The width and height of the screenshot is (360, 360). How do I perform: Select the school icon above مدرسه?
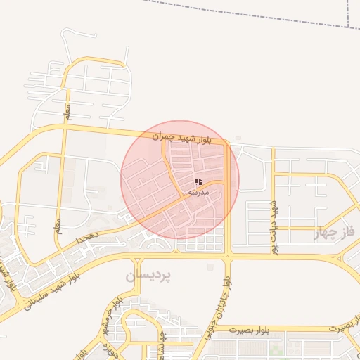pyautogui.click(x=198, y=181)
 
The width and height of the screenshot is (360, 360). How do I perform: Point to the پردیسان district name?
pyautogui.click(x=148, y=274)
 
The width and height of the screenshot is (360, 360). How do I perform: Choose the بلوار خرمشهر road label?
pyautogui.click(x=115, y=313)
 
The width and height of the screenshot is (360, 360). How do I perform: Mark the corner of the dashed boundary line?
pyautogui.click(x=349, y=27)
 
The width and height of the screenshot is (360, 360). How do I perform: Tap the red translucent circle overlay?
pyautogui.click(x=180, y=179)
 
